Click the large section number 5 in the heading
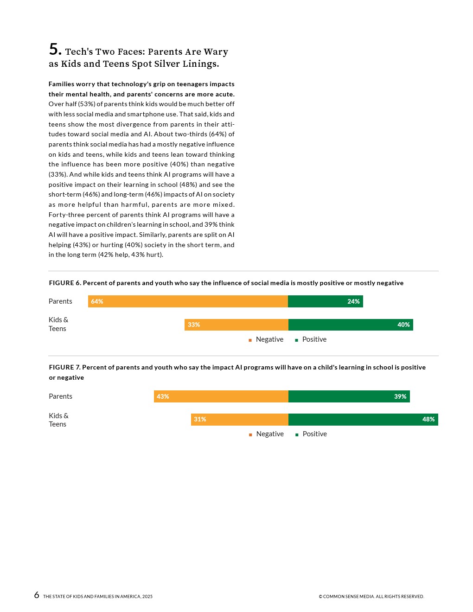coord(55,49)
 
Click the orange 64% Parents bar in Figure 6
coord(188,301)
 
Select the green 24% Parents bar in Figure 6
coord(325,301)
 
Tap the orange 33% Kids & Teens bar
coord(236,325)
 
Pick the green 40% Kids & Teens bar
coord(350,325)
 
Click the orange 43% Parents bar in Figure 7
coord(221,396)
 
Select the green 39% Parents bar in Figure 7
coord(349,396)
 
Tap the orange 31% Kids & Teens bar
coord(239,420)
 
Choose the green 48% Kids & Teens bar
coord(363,420)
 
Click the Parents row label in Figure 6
coord(60,301)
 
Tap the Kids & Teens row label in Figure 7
coord(58,420)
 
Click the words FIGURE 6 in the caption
coord(64,283)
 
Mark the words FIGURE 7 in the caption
coord(64,367)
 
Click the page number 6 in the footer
coord(37,595)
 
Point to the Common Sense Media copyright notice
coord(371,597)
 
